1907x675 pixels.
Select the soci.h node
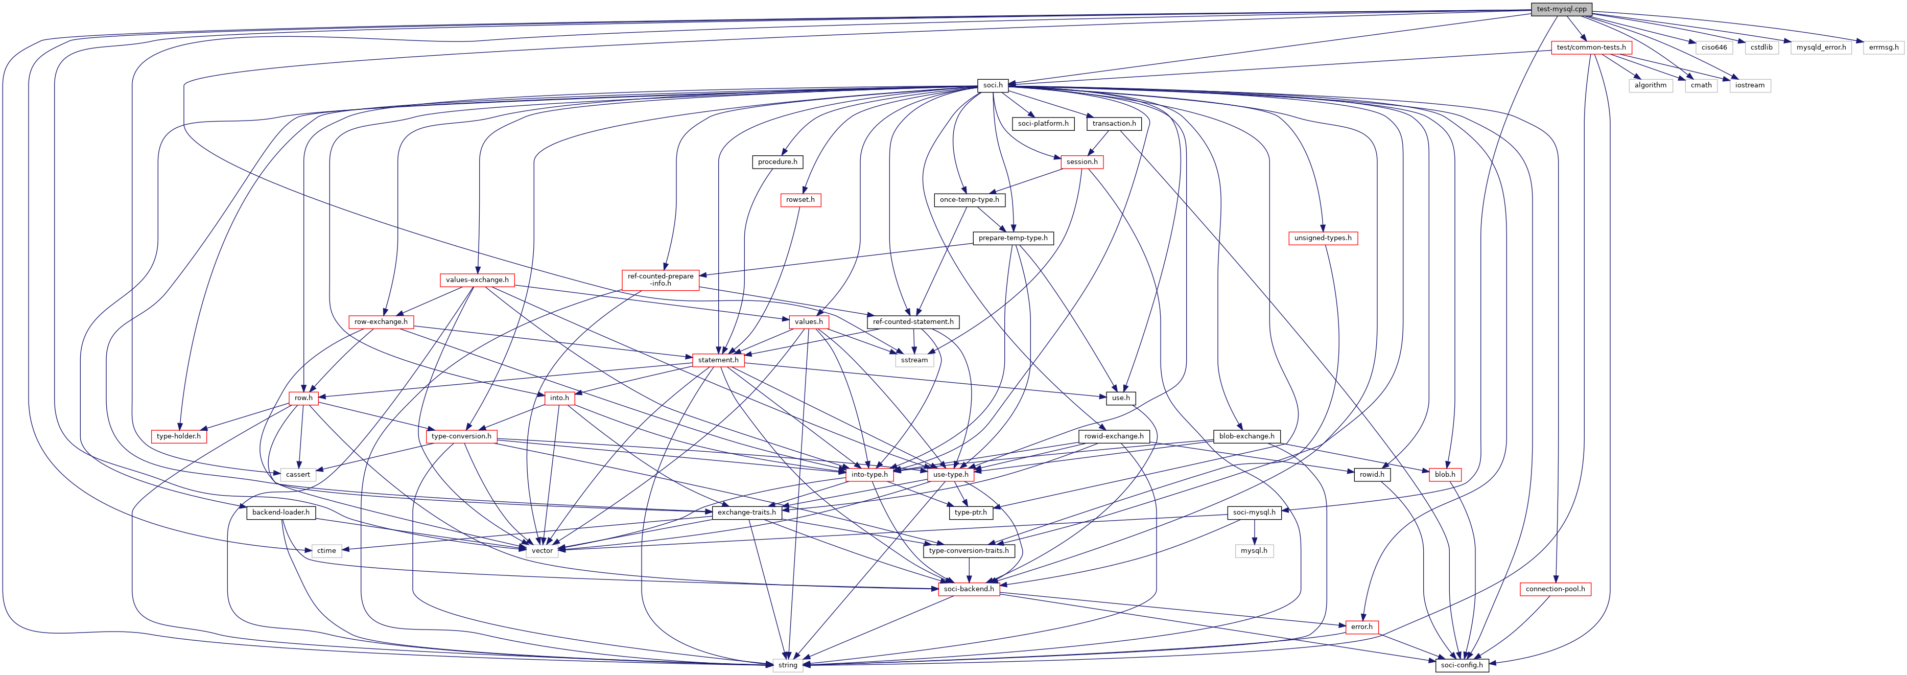click(x=993, y=85)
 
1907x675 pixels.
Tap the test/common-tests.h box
click(x=1591, y=48)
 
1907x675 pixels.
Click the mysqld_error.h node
click(x=1821, y=48)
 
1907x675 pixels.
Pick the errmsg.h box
click(x=1884, y=48)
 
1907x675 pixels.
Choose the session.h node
click(x=1081, y=161)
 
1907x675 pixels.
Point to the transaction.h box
click(x=1114, y=124)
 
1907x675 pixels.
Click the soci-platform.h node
click(x=1043, y=124)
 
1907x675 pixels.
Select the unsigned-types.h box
click(x=1322, y=238)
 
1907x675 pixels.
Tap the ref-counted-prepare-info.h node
click(x=661, y=280)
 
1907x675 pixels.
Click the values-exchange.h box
click(x=477, y=280)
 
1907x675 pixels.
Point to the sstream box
click(x=914, y=360)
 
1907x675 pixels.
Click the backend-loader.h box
click(x=280, y=512)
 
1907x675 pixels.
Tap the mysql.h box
click(x=1253, y=551)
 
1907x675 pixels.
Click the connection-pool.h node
click(x=1556, y=589)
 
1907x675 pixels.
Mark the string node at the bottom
click(x=788, y=665)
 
